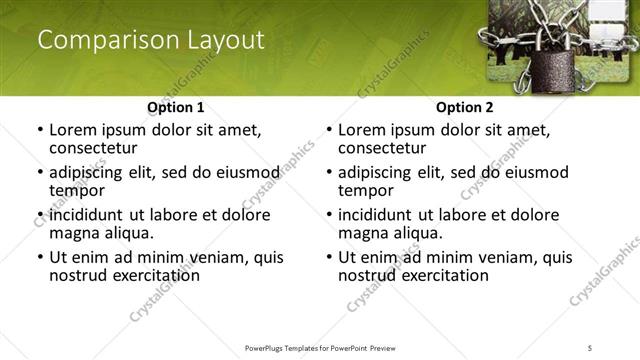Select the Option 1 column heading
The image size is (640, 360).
175,107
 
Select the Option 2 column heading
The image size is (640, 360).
464,107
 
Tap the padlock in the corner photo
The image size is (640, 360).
548,73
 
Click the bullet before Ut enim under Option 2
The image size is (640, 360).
329,258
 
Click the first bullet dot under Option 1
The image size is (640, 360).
40,131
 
